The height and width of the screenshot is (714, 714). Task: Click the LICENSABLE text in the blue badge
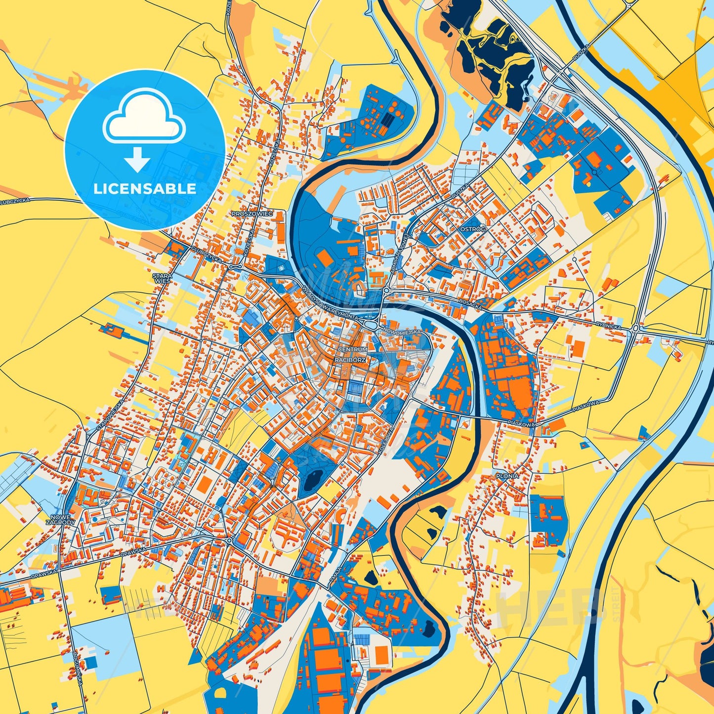point(145,188)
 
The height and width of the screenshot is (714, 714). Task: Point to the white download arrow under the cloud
point(137,159)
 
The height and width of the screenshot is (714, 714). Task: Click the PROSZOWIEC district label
point(252,214)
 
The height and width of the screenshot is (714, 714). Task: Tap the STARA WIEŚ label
point(162,278)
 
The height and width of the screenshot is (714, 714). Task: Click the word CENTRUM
point(352,349)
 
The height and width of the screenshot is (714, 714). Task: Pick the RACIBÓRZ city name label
point(350,360)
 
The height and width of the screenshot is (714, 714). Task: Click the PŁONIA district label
point(507,476)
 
